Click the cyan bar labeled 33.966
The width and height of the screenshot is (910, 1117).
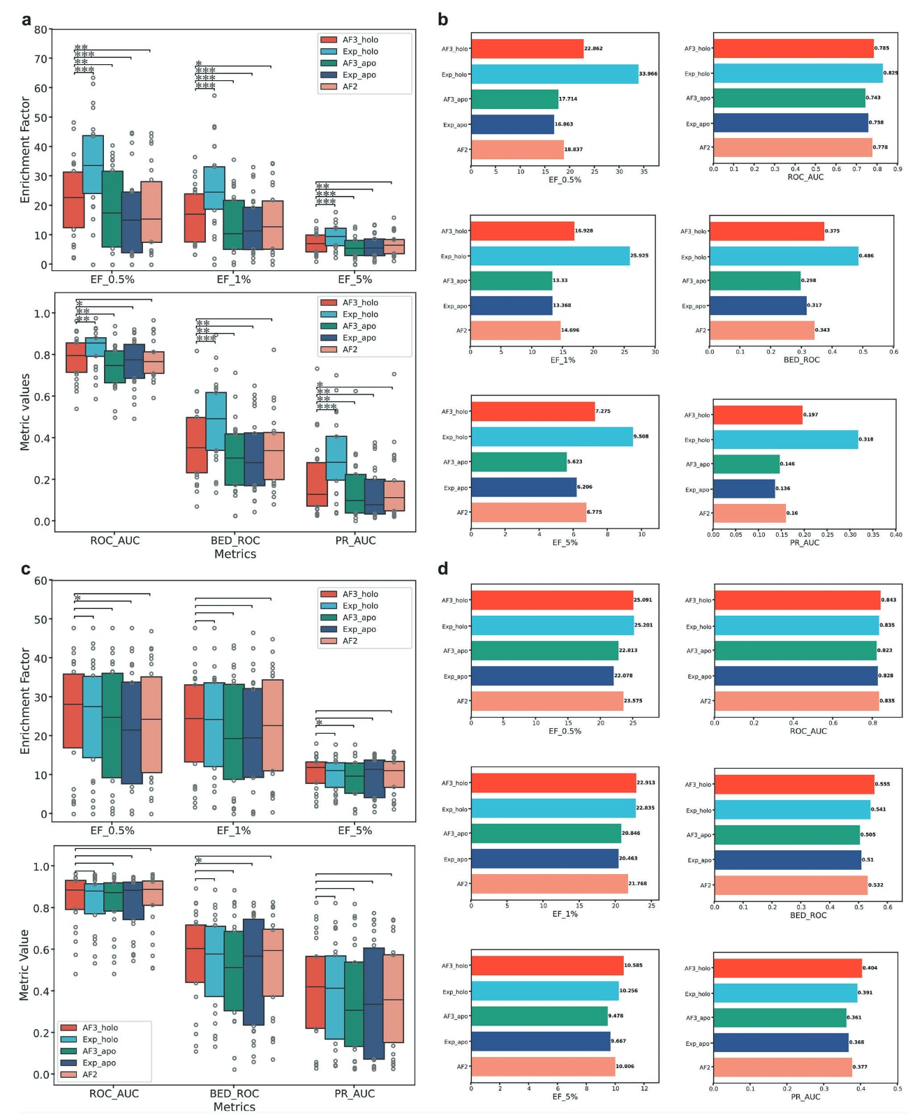(554, 74)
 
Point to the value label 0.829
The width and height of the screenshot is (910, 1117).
(890, 73)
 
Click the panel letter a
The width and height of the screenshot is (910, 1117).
(27, 20)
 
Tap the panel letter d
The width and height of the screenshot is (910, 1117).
(442, 569)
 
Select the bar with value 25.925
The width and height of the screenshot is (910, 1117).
(550, 256)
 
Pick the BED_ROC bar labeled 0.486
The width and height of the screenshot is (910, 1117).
(784, 256)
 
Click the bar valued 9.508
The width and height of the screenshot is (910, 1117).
(552, 437)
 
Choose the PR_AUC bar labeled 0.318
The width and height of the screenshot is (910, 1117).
(785, 440)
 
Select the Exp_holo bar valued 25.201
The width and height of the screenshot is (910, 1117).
(552, 626)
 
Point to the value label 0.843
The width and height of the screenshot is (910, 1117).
(888, 600)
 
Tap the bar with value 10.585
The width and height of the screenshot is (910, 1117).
(547, 966)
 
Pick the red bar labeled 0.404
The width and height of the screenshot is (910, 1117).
(787, 968)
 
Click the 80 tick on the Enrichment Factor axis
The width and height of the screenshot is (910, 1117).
(40, 30)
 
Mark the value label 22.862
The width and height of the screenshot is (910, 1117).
(593, 49)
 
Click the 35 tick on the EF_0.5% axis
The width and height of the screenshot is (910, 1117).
(643, 171)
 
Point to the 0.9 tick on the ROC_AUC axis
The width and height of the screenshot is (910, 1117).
(897, 169)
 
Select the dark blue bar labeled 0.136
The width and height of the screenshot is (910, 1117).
(744, 489)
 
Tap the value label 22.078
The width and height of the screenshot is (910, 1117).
(623, 676)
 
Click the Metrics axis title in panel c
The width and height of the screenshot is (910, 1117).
(234, 1107)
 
